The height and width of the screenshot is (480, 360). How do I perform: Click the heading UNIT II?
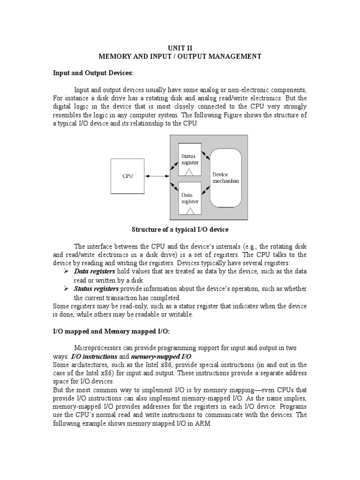point(180,47)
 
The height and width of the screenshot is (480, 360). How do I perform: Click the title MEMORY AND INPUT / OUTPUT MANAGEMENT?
point(180,56)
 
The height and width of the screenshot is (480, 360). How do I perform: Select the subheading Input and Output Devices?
point(93,73)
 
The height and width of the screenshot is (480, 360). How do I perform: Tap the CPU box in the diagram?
point(127,176)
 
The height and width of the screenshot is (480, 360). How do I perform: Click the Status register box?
point(189,160)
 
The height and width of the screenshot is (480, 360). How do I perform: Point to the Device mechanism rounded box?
point(225,178)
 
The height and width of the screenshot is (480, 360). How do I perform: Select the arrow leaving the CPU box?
point(157,176)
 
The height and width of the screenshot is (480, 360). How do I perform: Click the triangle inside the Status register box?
point(190,172)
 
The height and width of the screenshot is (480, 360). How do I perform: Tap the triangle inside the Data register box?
point(190,211)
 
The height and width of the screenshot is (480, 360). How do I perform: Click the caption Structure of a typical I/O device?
point(180,229)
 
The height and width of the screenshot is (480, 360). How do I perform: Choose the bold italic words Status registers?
point(97,289)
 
